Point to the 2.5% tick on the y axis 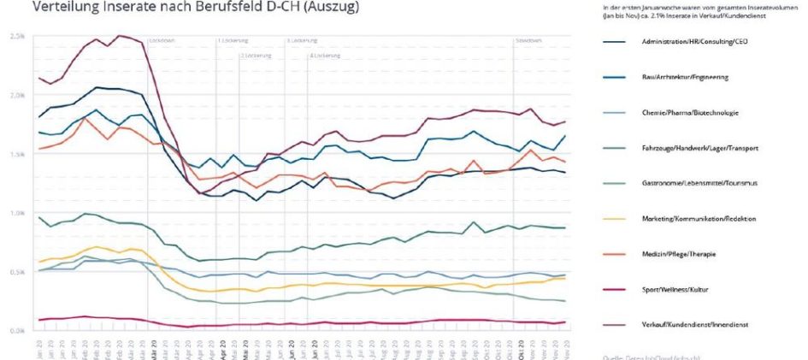tap(17, 37)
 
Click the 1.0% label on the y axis tap(17, 213)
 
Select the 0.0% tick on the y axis tap(17, 330)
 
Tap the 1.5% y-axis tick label tap(17, 154)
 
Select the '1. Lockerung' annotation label tap(231, 40)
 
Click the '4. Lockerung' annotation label tap(322, 56)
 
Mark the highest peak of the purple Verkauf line tap(119, 35)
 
